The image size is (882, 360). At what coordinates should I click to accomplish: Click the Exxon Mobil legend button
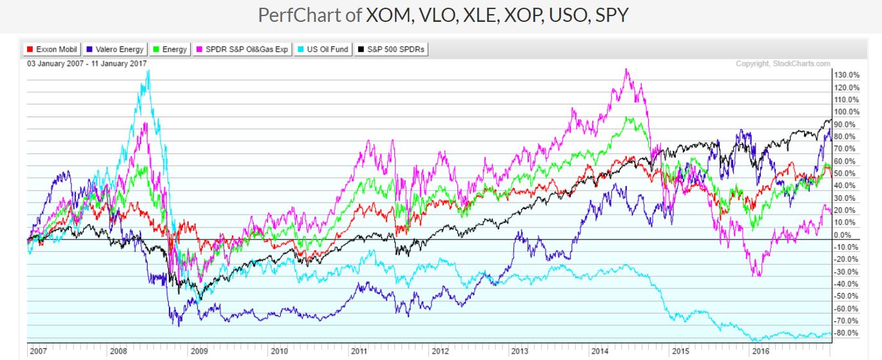(x=51, y=49)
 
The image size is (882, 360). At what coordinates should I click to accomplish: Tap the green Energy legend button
(x=169, y=49)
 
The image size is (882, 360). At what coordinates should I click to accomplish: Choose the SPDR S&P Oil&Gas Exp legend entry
(x=242, y=49)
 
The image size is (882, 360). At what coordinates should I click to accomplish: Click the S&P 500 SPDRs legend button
(x=392, y=49)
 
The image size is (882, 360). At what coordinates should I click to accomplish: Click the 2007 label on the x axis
(x=38, y=352)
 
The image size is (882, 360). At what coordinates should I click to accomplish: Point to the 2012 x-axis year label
(x=440, y=352)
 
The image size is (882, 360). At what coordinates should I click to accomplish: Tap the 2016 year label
(x=761, y=352)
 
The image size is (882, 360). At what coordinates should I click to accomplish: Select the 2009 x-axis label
(x=198, y=352)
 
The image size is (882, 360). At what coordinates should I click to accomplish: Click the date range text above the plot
(x=87, y=63)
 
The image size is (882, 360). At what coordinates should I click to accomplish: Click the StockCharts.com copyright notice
(x=783, y=63)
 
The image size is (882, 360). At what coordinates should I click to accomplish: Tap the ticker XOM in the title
(x=388, y=15)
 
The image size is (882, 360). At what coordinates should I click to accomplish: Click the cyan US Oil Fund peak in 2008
(x=149, y=71)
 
